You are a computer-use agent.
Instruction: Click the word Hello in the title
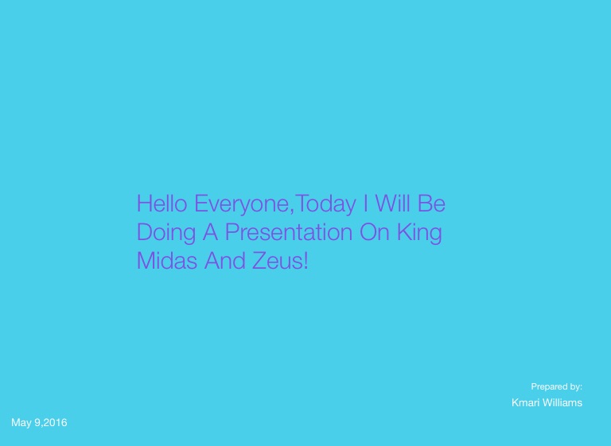162,204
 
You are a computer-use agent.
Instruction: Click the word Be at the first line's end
431,204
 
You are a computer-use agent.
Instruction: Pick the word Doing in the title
166,234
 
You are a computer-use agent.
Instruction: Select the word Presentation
289,232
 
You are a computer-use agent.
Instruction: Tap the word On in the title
375,232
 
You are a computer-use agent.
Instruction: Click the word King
419,234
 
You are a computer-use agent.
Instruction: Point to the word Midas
167,260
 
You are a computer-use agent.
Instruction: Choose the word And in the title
225,260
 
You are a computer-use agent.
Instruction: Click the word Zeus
277,260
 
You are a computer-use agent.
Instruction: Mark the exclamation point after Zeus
305,260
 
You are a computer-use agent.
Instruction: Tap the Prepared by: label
556,387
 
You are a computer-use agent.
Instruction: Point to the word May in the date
21,423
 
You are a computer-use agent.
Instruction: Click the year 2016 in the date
56,423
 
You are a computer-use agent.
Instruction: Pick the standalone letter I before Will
365,204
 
